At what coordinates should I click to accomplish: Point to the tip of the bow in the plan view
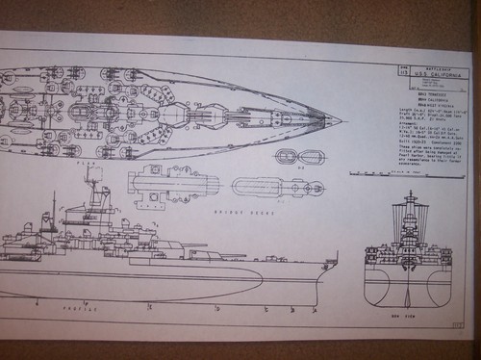342,120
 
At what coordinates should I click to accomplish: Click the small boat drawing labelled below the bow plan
290,156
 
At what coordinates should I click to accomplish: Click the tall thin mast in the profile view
54,206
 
